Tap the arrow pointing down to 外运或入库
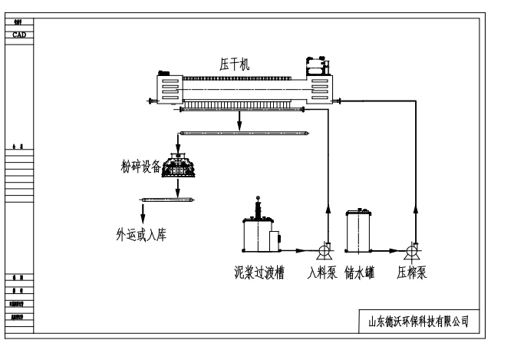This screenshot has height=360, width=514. pos(143,212)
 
